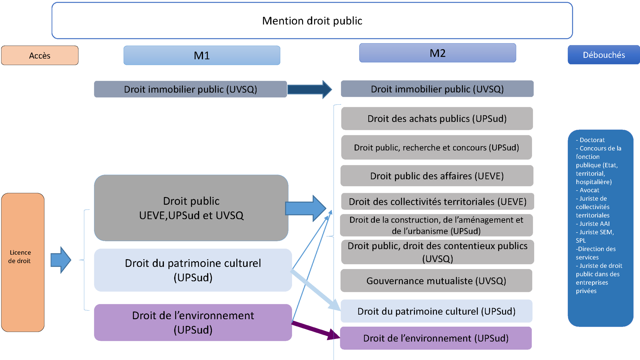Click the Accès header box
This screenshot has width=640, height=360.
tap(40, 55)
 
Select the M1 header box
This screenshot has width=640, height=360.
tap(202, 55)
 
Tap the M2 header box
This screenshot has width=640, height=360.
tap(437, 53)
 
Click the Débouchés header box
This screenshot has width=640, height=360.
tap(604, 55)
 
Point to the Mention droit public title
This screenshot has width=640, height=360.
tap(312, 21)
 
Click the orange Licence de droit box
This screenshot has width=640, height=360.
tap(23, 262)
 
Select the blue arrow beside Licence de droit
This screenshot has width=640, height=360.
tap(61, 260)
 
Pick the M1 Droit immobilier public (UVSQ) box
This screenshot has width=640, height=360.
tap(190, 89)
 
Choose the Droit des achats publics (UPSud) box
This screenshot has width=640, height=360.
tap(437, 119)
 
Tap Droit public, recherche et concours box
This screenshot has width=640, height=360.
tap(437, 147)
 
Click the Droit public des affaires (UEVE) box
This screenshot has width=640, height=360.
tap(437, 176)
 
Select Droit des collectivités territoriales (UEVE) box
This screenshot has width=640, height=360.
tap(437, 202)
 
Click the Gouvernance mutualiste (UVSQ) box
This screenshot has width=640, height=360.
tap(436, 281)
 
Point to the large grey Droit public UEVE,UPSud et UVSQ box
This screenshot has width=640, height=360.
tap(191, 208)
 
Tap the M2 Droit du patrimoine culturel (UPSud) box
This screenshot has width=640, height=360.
tap(436, 311)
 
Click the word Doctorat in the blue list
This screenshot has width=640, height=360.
tap(592, 140)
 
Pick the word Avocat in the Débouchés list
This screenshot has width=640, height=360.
tap(589, 190)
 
